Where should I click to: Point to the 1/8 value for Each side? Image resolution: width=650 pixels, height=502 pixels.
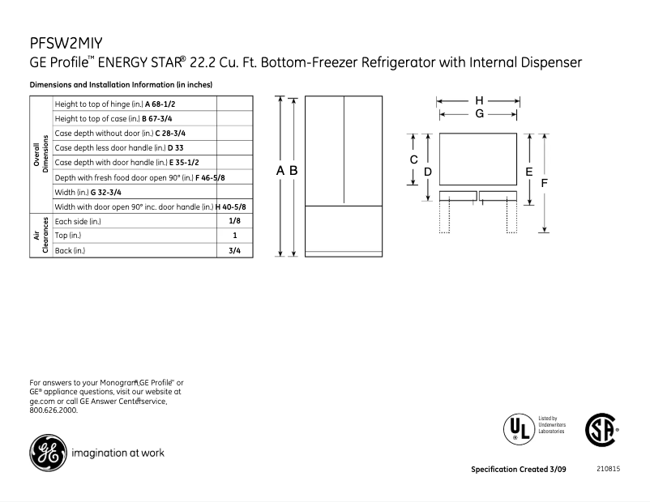coord(234,220)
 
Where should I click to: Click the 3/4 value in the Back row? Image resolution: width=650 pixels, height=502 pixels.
coord(234,250)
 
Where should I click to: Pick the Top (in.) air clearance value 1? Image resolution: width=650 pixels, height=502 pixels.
coord(234,236)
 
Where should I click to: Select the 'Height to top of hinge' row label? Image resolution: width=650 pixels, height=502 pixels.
coord(121,104)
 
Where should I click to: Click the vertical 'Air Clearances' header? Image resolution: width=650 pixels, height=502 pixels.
coord(41,236)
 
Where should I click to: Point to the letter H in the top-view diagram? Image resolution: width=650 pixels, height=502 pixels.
coord(480,100)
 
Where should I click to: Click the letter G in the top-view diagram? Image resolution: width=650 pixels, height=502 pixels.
coord(480,114)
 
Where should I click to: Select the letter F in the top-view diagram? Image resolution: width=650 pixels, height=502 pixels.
coord(545,184)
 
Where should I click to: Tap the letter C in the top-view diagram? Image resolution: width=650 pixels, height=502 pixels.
coord(413,160)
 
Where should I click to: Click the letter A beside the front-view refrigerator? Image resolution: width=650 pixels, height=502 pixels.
coord(280,170)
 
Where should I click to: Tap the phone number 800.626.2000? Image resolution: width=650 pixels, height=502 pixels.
coord(53,411)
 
